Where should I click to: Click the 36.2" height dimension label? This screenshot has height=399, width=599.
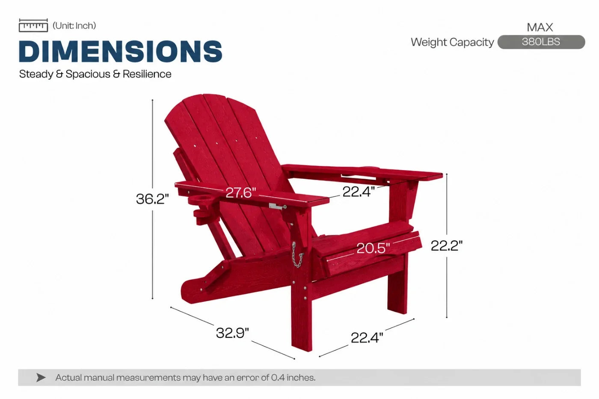pyautogui.click(x=152, y=199)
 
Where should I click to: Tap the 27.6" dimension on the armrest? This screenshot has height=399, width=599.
pyautogui.click(x=240, y=192)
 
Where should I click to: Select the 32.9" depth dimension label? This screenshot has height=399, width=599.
pyautogui.click(x=232, y=333)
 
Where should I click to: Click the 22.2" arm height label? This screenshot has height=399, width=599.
pyautogui.click(x=446, y=245)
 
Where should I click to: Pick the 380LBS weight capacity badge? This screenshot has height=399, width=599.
pyautogui.click(x=541, y=42)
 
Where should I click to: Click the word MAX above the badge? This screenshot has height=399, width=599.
pyautogui.click(x=540, y=27)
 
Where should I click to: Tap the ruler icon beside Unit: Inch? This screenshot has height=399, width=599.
pyautogui.click(x=33, y=26)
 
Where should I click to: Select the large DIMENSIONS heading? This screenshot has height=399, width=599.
pyautogui.click(x=121, y=51)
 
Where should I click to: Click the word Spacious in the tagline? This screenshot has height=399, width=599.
pyautogui.click(x=88, y=74)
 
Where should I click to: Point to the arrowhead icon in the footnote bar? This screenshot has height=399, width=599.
pyautogui.click(x=41, y=378)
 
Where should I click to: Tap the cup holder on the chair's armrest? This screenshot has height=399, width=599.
pyautogui.click(x=201, y=200)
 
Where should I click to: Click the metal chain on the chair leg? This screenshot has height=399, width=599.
pyautogui.click(x=297, y=255)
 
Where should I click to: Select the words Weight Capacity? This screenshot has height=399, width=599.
pyautogui.click(x=452, y=42)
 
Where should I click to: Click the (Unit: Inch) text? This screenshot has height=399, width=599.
pyautogui.click(x=74, y=26)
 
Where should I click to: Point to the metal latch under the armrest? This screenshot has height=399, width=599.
pyautogui.click(x=277, y=206)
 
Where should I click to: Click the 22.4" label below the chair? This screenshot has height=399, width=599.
pyautogui.click(x=367, y=337)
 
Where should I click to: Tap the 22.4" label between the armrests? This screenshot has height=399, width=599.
pyautogui.click(x=359, y=192)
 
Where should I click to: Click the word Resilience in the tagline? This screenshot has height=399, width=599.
pyautogui.click(x=147, y=74)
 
